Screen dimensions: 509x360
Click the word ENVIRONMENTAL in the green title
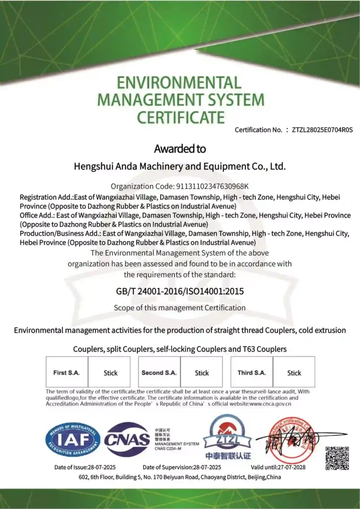180,83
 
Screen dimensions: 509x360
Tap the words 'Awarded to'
180,149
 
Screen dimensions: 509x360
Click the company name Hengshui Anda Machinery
180,167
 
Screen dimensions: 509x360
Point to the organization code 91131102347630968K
212,186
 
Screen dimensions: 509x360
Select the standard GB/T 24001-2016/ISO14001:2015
180,291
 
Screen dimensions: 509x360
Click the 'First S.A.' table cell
67,372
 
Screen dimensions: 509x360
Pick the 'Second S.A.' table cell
159,372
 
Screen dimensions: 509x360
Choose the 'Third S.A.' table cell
252,372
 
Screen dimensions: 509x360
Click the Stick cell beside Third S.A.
294,373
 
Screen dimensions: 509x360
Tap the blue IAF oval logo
73,439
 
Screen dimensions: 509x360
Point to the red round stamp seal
292,440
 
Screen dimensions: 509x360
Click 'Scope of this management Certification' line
180,308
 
